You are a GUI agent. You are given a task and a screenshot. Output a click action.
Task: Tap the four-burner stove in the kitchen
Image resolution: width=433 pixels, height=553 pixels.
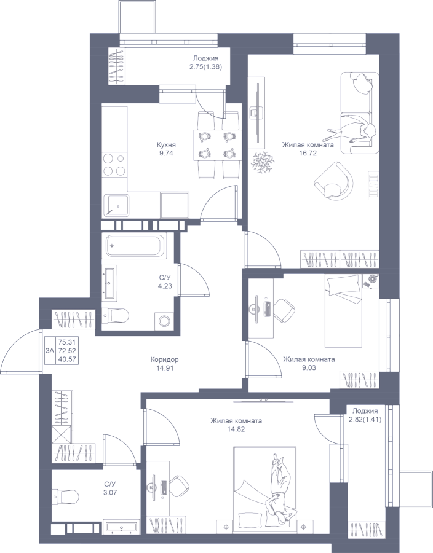[114, 163]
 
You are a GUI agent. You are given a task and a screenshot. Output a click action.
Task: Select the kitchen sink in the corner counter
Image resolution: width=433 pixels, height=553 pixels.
[116, 205]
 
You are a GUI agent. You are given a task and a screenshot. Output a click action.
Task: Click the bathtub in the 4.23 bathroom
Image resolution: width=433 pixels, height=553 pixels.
[135, 246]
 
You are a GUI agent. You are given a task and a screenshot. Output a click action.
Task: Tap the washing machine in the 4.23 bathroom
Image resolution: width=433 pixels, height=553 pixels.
[164, 320]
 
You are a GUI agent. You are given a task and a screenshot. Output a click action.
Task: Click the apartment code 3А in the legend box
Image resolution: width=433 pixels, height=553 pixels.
[49, 350]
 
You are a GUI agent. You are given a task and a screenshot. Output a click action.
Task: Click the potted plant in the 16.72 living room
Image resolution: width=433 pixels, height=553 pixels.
[263, 161]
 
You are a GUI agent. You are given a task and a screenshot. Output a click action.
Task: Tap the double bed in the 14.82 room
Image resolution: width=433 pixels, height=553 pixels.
[264, 485]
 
